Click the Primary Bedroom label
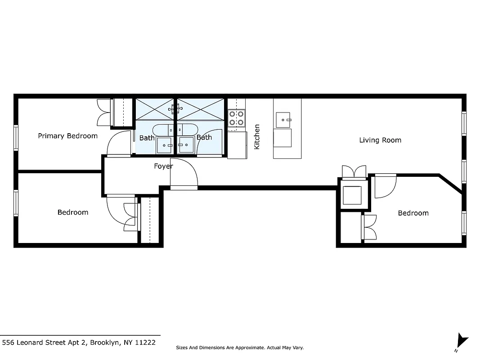tap(67, 136)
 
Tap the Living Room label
tap(380, 140)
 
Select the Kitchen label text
tap(257, 137)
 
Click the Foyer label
tap(163, 166)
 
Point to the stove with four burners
tap(236, 118)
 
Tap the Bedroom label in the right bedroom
tap(413, 213)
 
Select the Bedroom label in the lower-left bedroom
tap(73, 212)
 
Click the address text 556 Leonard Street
tap(79, 342)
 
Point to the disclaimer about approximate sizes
tap(239, 348)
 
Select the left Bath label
tap(147, 138)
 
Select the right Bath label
tap(204, 137)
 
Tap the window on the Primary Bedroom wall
tap(16, 138)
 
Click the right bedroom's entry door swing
tap(386, 185)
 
